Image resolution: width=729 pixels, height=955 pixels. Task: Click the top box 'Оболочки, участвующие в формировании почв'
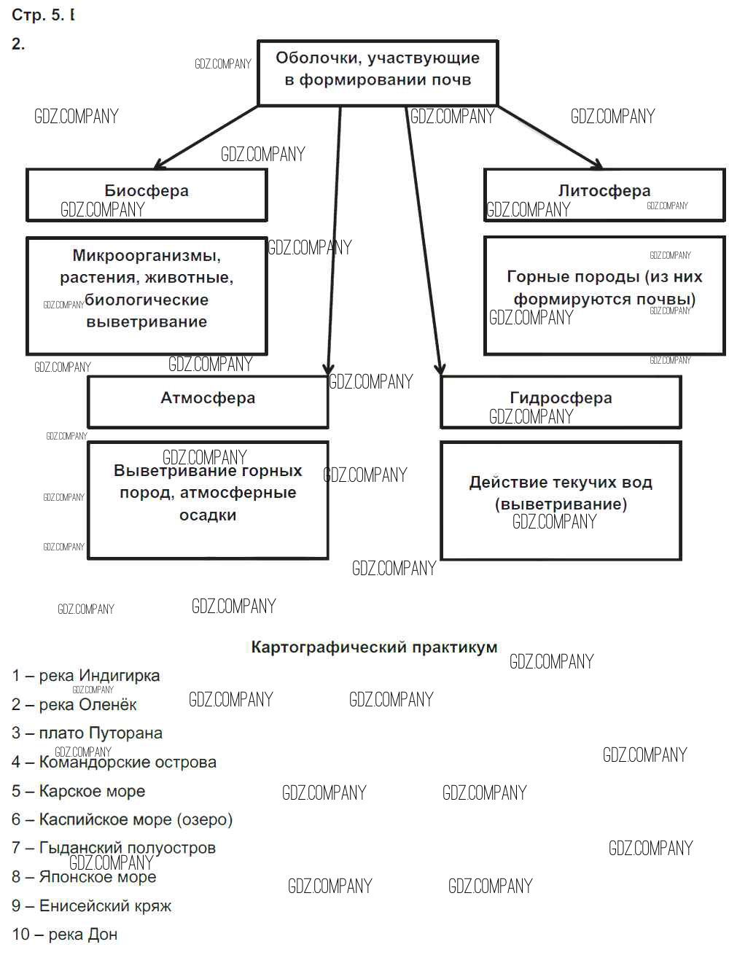pyautogui.click(x=378, y=69)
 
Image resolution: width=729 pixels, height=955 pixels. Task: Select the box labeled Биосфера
pyautogui.click(x=147, y=191)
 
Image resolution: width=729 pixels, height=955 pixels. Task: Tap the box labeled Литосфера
pyautogui.click(x=604, y=191)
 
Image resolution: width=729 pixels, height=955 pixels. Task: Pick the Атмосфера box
pyautogui.click(x=208, y=399)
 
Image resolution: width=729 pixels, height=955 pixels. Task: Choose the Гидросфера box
pyautogui.click(x=561, y=399)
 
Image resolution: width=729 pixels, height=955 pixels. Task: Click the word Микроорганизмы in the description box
pyautogui.click(x=147, y=256)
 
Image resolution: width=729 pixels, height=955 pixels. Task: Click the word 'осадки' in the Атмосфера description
pyautogui.click(x=208, y=515)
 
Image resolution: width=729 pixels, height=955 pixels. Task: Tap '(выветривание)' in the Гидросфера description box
pyautogui.click(x=561, y=504)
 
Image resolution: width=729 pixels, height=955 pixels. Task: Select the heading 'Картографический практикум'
pyautogui.click(x=374, y=647)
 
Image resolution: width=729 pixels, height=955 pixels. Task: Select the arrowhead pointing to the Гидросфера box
pyautogui.click(x=440, y=369)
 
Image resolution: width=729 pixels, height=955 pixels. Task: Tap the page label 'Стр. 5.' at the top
pyautogui.click(x=38, y=15)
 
